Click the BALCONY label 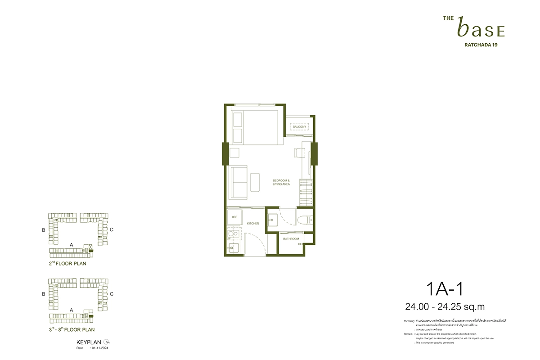(x=299, y=127)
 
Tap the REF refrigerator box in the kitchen (x=234, y=217)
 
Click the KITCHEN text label (x=252, y=223)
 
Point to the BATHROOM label (x=291, y=239)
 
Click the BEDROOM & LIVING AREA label (x=281, y=182)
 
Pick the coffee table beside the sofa (x=256, y=183)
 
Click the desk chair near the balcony (x=299, y=153)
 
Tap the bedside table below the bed (x=234, y=153)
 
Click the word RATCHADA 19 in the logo (x=481, y=45)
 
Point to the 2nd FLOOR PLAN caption (x=67, y=263)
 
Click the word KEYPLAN (x=89, y=342)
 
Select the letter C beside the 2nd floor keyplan (x=111, y=230)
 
